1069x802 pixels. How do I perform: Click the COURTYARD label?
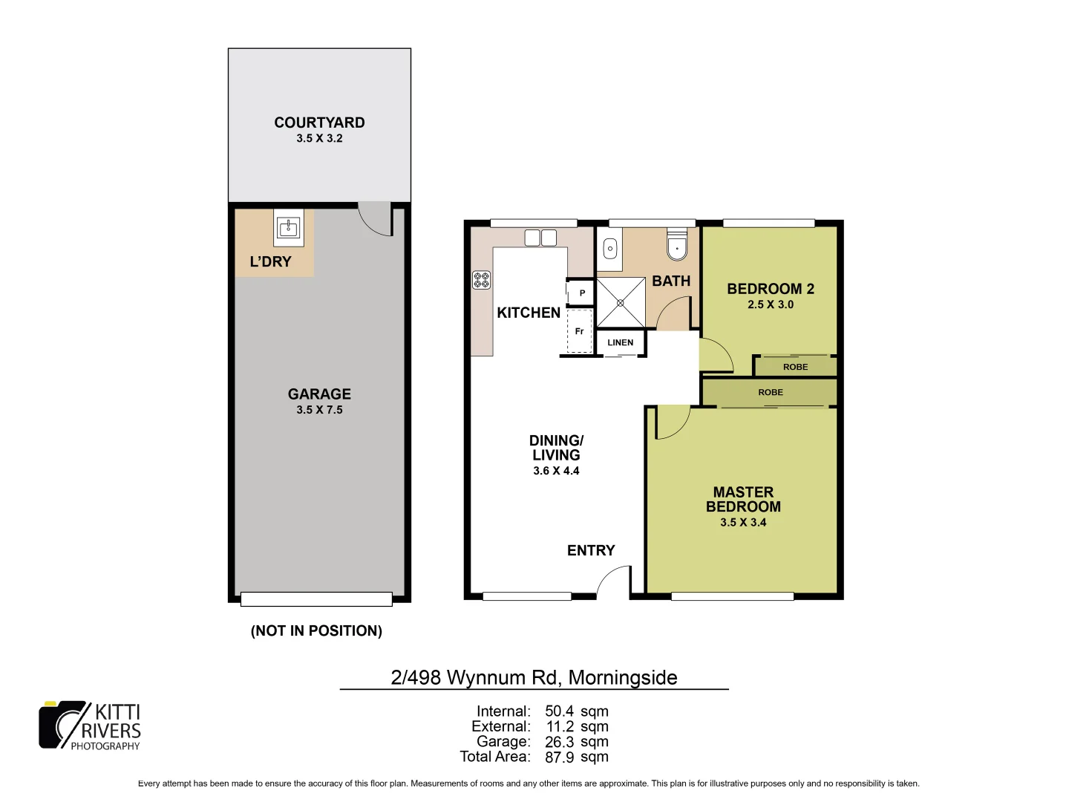tap(319, 123)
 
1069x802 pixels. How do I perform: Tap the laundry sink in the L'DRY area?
tap(288, 228)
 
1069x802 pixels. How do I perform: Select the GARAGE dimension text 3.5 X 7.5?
tap(319, 410)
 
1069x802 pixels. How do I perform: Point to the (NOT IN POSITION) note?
tap(316, 630)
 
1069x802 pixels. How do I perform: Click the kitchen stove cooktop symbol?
tap(481, 279)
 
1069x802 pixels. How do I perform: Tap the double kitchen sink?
tap(540, 238)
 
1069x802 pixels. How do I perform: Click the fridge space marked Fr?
tap(580, 331)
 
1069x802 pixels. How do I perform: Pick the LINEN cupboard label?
tap(621, 342)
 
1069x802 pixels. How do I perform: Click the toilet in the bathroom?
tap(677, 246)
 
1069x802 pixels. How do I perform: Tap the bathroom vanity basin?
tap(610, 248)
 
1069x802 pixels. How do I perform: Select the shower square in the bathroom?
tap(621, 301)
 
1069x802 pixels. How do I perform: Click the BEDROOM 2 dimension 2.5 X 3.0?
tap(771, 304)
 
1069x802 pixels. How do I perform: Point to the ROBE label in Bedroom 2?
tap(795, 367)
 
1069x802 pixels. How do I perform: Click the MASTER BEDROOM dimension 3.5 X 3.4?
tap(743, 522)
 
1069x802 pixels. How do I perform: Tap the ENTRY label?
tap(591, 550)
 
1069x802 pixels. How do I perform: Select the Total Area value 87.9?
tap(559, 757)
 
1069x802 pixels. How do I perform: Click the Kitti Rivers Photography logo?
tap(90, 726)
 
